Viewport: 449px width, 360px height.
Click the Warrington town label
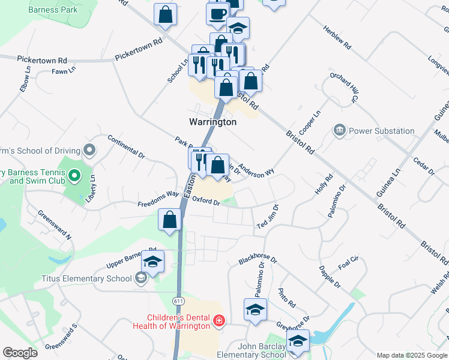click(212, 122)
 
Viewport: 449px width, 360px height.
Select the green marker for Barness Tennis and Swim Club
click(74, 176)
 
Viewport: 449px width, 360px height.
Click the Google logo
click(20, 353)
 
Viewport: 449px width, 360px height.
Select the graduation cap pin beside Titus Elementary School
click(152, 262)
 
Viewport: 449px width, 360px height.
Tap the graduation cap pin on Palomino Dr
click(255, 310)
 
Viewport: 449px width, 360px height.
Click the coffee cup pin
click(217, 13)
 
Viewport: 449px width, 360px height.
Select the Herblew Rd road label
click(336, 37)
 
